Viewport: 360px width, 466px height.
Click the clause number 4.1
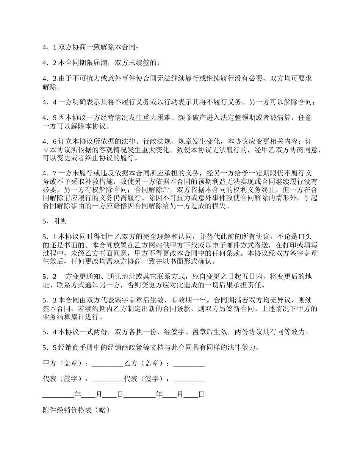[49, 47]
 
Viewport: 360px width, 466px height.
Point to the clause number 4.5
[49, 118]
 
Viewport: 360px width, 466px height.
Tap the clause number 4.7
[49, 173]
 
